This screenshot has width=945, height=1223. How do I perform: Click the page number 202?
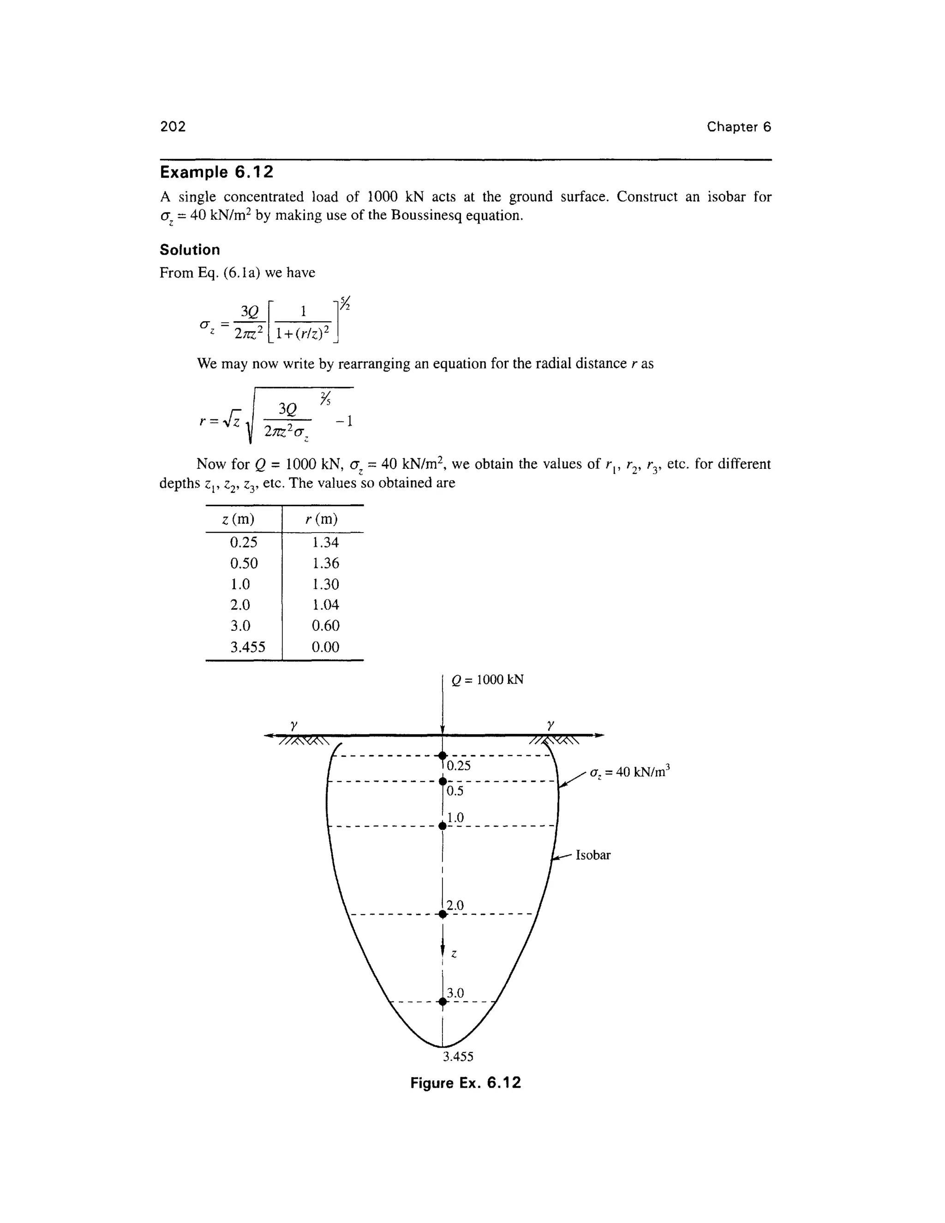point(173,126)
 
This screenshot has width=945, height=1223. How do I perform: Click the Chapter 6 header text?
point(738,127)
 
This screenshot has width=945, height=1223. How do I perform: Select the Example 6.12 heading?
point(217,172)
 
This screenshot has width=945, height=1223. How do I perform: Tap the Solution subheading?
point(190,250)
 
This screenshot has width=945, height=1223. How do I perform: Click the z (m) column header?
point(238,520)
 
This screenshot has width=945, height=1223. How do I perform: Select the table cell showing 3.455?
point(247,647)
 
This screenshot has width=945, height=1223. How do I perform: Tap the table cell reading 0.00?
point(325,647)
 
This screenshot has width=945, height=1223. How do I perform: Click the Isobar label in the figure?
point(593,855)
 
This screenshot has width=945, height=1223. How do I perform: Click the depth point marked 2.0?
point(442,914)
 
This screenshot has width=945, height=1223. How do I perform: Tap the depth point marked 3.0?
point(442,1002)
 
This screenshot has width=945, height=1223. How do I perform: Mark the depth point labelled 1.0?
point(442,826)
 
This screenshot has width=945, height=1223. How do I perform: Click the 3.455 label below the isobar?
point(457,1057)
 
